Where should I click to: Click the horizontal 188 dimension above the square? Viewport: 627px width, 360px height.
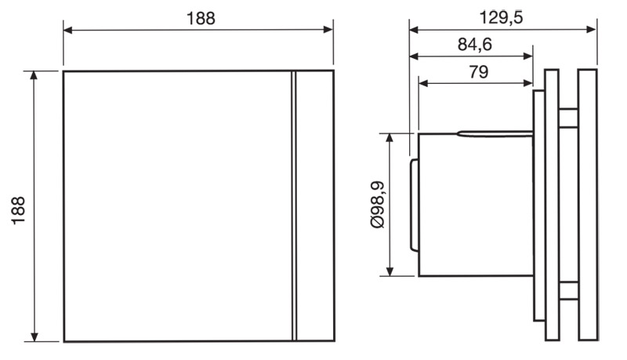pyautogui.click(x=201, y=18)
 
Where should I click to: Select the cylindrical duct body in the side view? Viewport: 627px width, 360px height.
pyautogui.click(x=475, y=205)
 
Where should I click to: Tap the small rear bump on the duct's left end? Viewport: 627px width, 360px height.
pyautogui.click(x=413, y=205)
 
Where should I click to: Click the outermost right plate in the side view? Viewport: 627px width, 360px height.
pyautogui.click(x=588, y=205)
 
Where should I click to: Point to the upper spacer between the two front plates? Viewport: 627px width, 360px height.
pyautogui.click(x=569, y=118)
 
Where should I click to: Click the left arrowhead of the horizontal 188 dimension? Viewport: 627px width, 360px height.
pyautogui.click(x=67, y=31)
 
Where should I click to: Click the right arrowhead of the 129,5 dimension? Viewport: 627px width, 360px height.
pyautogui.click(x=593, y=31)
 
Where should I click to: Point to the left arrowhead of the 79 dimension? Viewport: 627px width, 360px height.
pyautogui.click(x=422, y=82)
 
